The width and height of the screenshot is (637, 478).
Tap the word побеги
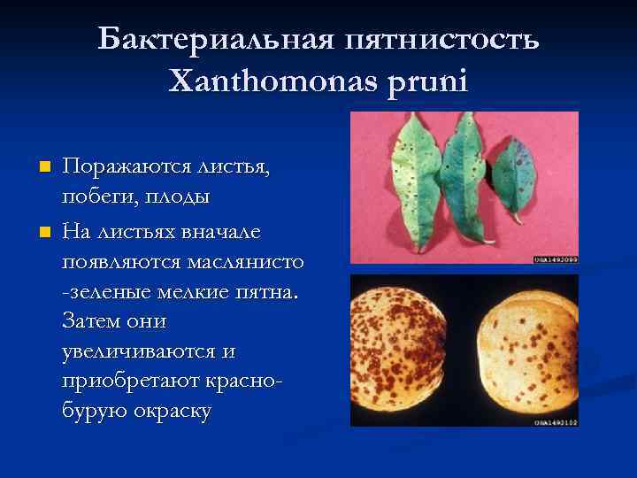tap(97, 195)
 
